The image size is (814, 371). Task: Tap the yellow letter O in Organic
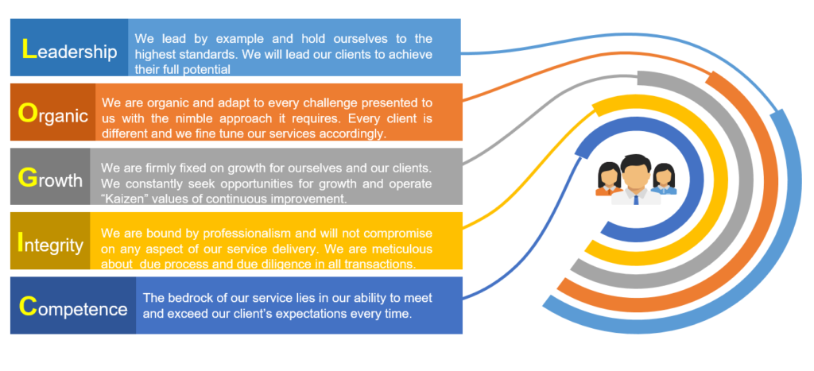tap(26, 113)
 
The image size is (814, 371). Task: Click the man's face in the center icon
tap(636, 174)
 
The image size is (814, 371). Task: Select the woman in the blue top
tap(664, 179)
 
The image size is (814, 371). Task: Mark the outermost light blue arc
tap(802, 207)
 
